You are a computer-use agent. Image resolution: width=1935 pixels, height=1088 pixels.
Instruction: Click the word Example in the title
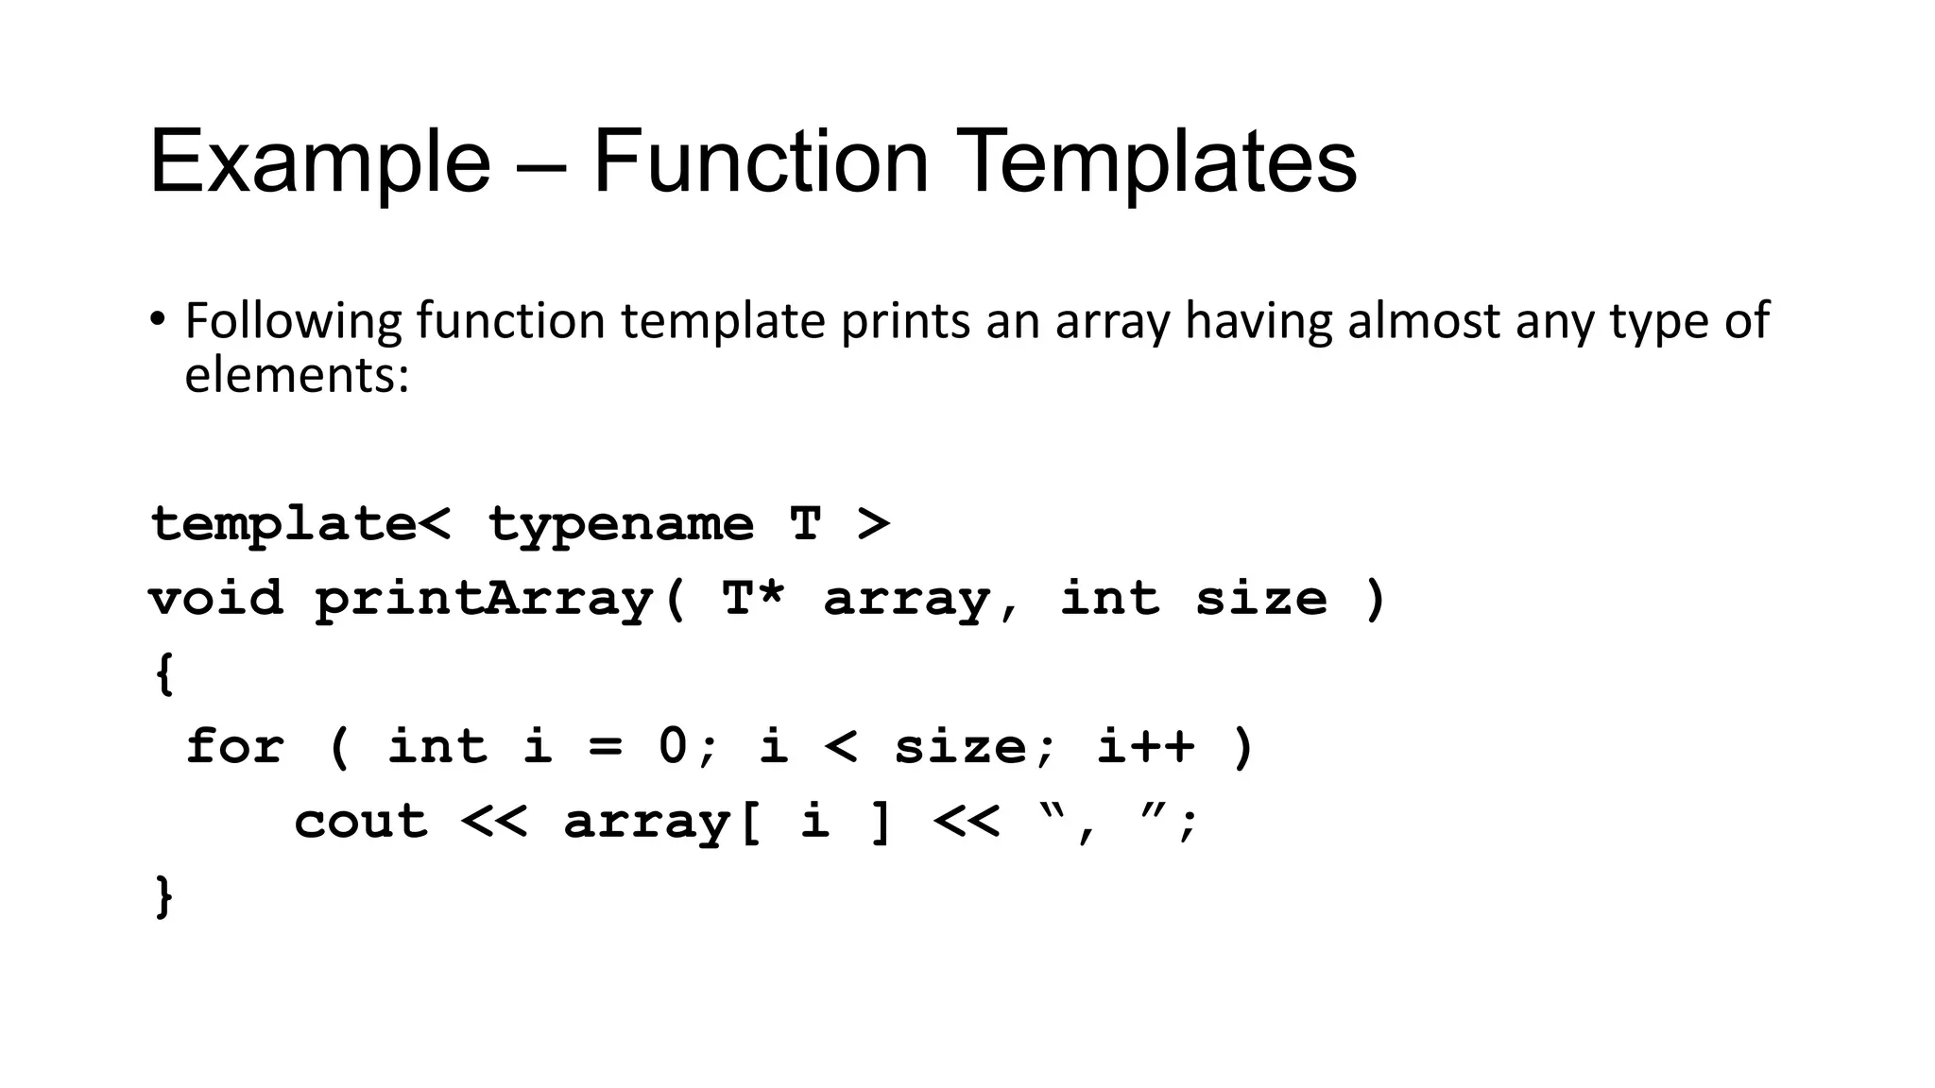(319, 162)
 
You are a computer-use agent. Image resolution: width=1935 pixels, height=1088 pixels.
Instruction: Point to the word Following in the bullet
(293, 321)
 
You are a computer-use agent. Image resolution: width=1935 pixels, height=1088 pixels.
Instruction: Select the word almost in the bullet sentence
(1423, 321)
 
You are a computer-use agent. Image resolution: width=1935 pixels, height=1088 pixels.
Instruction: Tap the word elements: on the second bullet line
(297, 375)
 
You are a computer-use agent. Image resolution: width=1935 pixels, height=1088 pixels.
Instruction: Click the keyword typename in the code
(621, 524)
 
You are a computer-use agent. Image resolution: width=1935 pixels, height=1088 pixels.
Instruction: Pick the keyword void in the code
(215, 598)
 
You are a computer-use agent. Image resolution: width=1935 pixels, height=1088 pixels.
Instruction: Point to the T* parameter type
(752, 598)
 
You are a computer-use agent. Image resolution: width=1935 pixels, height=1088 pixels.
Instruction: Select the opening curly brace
(163, 673)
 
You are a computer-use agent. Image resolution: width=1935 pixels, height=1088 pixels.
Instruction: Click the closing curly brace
(163, 895)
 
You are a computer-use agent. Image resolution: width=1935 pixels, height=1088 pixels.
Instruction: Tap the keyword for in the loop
(233, 746)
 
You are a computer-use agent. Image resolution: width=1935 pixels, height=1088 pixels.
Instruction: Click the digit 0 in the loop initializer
(673, 746)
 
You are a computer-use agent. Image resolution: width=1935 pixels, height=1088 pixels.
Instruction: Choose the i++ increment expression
(1145, 746)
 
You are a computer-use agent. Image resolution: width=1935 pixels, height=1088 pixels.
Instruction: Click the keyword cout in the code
(360, 821)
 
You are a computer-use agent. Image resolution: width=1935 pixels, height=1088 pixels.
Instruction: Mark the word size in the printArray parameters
(1260, 598)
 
